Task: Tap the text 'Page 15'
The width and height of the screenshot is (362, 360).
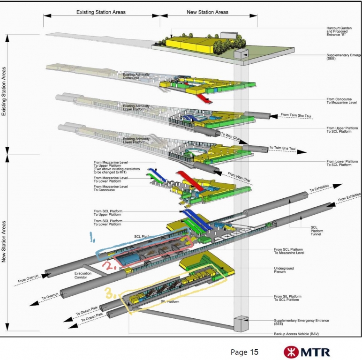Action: tap(244, 352)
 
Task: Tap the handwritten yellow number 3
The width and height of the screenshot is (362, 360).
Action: tap(110, 294)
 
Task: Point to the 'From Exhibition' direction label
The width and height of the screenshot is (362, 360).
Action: tap(347, 197)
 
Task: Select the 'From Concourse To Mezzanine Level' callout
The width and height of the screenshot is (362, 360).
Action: tap(344, 101)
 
